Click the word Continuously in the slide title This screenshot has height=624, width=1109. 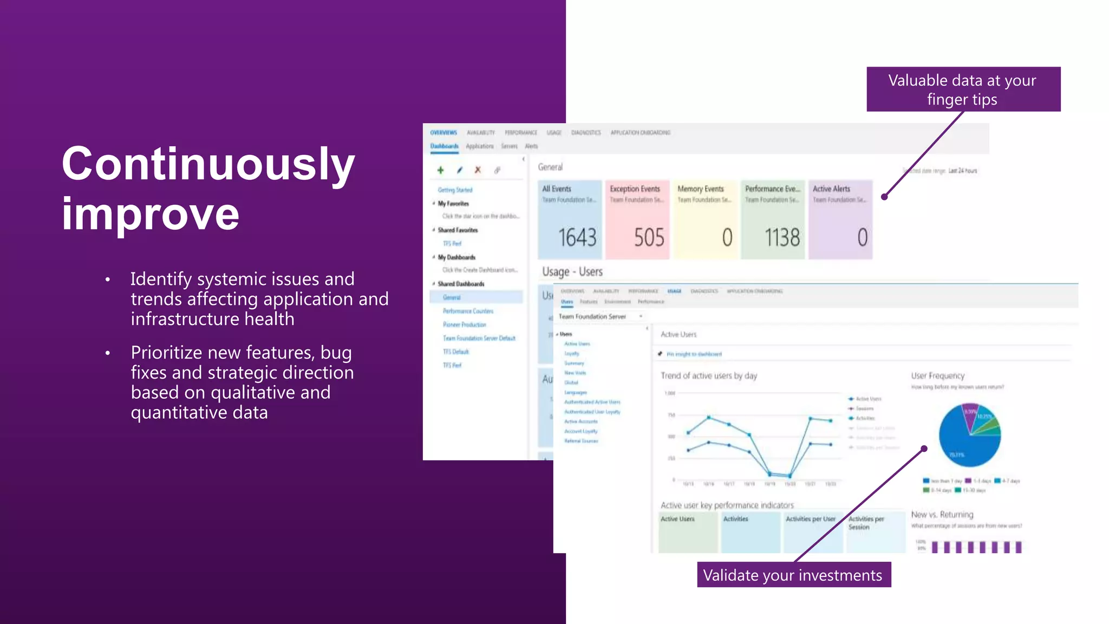point(208,164)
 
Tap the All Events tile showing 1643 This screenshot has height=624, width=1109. point(570,219)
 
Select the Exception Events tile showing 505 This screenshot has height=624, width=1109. point(637,219)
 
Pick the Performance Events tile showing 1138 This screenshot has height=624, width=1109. point(773,219)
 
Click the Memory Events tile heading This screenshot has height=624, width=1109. point(701,189)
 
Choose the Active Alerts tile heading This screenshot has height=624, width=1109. point(831,189)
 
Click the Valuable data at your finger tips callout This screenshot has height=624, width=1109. point(963,89)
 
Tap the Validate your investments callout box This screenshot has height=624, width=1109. point(793,575)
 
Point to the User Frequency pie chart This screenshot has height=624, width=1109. point(969,435)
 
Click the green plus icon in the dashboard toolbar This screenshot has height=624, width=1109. point(440,170)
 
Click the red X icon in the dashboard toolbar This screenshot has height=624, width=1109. point(478,170)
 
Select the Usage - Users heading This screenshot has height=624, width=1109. point(572,271)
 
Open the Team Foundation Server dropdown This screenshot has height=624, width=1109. point(600,316)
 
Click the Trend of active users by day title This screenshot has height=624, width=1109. point(709,375)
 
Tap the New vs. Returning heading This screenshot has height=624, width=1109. point(942,514)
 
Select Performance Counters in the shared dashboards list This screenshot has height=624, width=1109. point(468,311)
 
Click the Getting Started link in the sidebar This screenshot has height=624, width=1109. point(455,190)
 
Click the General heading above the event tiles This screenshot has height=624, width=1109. point(550,167)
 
